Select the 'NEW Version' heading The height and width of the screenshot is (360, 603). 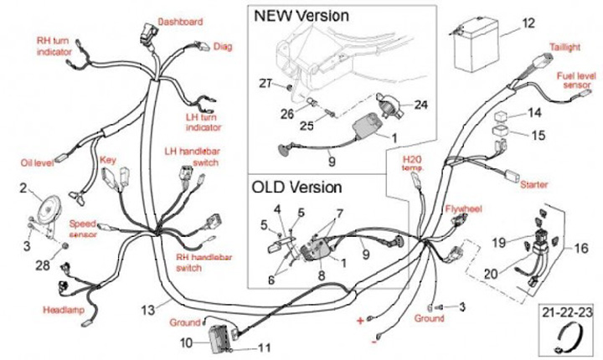[301, 16]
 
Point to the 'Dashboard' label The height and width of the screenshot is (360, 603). [180, 21]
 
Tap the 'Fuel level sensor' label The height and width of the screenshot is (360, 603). [577, 80]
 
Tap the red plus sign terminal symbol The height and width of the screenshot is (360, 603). [361, 321]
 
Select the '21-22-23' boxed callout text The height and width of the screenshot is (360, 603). [569, 311]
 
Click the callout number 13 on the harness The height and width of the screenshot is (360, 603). [148, 310]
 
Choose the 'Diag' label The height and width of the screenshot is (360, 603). [223, 46]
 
